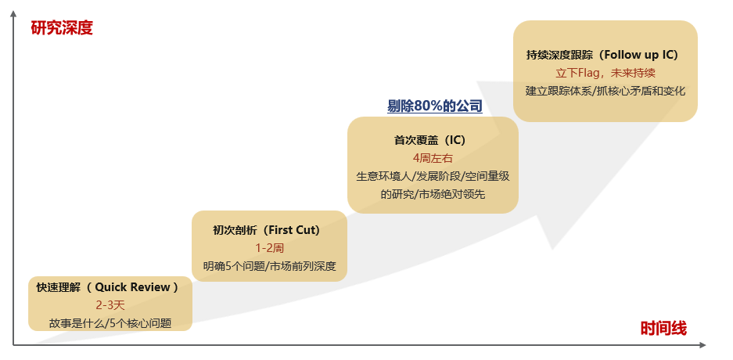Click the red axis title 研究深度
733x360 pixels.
coord(62,28)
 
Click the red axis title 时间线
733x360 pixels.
coord(663,329)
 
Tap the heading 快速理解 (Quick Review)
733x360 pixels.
coord(108,287)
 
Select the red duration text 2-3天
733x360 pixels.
coord(110,305)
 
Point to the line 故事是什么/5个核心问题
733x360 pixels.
coord(110,323)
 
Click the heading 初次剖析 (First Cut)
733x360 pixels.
coord(267,230)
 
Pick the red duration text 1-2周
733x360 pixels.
coord(270,248)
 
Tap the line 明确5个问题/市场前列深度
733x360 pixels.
coord(270,267)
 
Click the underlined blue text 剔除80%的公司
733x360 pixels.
coord(435,106)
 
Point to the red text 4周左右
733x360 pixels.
coord(433,159)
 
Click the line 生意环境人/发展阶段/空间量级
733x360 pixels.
coord(433,177)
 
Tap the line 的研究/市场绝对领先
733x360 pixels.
coord(433,195)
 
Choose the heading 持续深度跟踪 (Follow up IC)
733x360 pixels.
coord(602,55)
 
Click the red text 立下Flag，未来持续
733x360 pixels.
coord(605,73)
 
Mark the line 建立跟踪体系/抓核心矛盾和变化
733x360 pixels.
coord(605,91)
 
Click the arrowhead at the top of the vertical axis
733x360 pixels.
coord(13,13)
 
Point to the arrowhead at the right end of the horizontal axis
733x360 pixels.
coord(702,345)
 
